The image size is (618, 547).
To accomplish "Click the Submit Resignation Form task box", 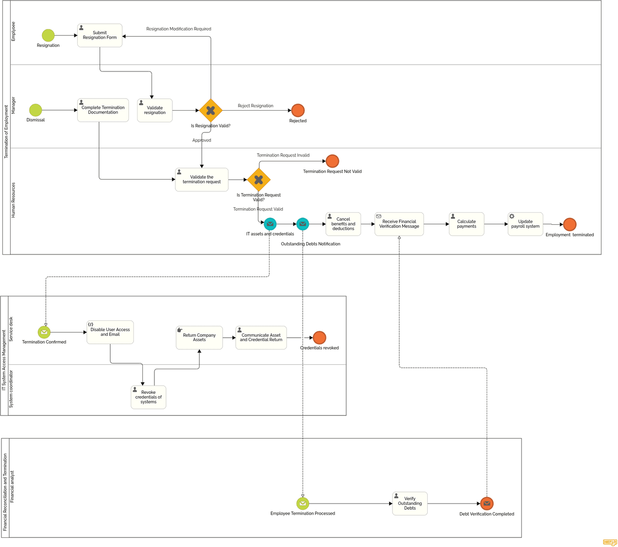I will coord(99,35).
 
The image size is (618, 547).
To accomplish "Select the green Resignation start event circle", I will coord(48,35).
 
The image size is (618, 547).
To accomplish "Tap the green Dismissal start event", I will coord(36,110).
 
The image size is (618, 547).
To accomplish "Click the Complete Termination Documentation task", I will coord(103,110).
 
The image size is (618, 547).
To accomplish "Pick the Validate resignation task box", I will coord(154,110).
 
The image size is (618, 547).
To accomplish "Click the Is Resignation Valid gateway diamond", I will coord(211,110).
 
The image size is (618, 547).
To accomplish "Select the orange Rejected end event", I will coord(298,110).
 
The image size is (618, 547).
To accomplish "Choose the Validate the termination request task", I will coord(201,179).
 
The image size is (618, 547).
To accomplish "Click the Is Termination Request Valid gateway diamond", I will coord(259,180).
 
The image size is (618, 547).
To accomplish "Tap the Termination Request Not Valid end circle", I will coord(332,161).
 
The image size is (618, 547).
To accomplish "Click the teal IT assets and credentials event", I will coord(270,224).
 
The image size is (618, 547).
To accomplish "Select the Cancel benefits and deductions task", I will coord(343,224).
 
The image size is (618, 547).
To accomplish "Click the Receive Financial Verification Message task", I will coord(399,224).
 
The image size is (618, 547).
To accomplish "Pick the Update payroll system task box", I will coord(525,224).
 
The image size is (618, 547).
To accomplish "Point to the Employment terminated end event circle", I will coord(570,224).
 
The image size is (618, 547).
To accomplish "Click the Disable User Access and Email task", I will coord(110,332).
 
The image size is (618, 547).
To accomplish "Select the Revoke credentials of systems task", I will coord(148,397).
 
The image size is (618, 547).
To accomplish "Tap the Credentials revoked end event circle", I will coord(320,337).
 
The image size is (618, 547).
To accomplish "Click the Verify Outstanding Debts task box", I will coord(410,504).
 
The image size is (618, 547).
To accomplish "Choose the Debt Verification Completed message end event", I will coord(487,504).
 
